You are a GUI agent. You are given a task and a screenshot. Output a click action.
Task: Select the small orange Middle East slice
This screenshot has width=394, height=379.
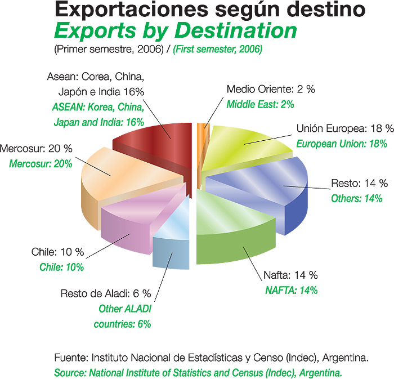200,146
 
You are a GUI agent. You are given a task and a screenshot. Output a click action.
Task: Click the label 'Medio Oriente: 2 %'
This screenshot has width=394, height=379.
263,90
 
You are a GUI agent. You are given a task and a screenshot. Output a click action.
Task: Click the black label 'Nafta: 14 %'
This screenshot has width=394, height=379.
290,275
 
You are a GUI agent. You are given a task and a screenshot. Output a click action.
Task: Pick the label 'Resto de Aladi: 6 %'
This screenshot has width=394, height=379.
106,293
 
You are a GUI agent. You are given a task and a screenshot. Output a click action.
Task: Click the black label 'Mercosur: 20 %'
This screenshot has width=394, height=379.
36,149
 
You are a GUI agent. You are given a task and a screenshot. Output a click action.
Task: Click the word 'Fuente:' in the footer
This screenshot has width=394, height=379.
71,357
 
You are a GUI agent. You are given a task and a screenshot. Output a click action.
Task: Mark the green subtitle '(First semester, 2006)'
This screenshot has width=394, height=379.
218,50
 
